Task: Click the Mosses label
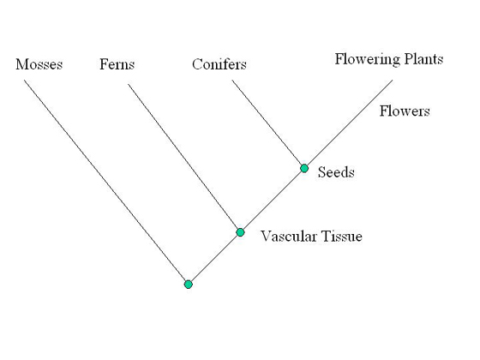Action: pos(39,64)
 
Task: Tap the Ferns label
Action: pos(117,64)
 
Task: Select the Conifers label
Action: pos(219,64)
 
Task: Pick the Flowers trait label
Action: pos(405,111)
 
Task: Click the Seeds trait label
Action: pos(336,172)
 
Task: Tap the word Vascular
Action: pos(288,237)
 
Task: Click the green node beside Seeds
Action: pos(304,168)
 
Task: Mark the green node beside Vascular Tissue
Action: pos(240,232)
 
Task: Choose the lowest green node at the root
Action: pos(189,285)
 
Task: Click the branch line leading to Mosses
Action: pos(105,181)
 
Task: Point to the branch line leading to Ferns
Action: pos(183,157)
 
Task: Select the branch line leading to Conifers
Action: pos(267,123)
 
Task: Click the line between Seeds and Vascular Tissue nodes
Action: pos(273,201)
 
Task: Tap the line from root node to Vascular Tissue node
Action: pos(214,258)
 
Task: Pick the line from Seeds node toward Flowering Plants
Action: pos(350,123)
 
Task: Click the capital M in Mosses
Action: pos(21,64)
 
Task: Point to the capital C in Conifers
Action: pos(196,64)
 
